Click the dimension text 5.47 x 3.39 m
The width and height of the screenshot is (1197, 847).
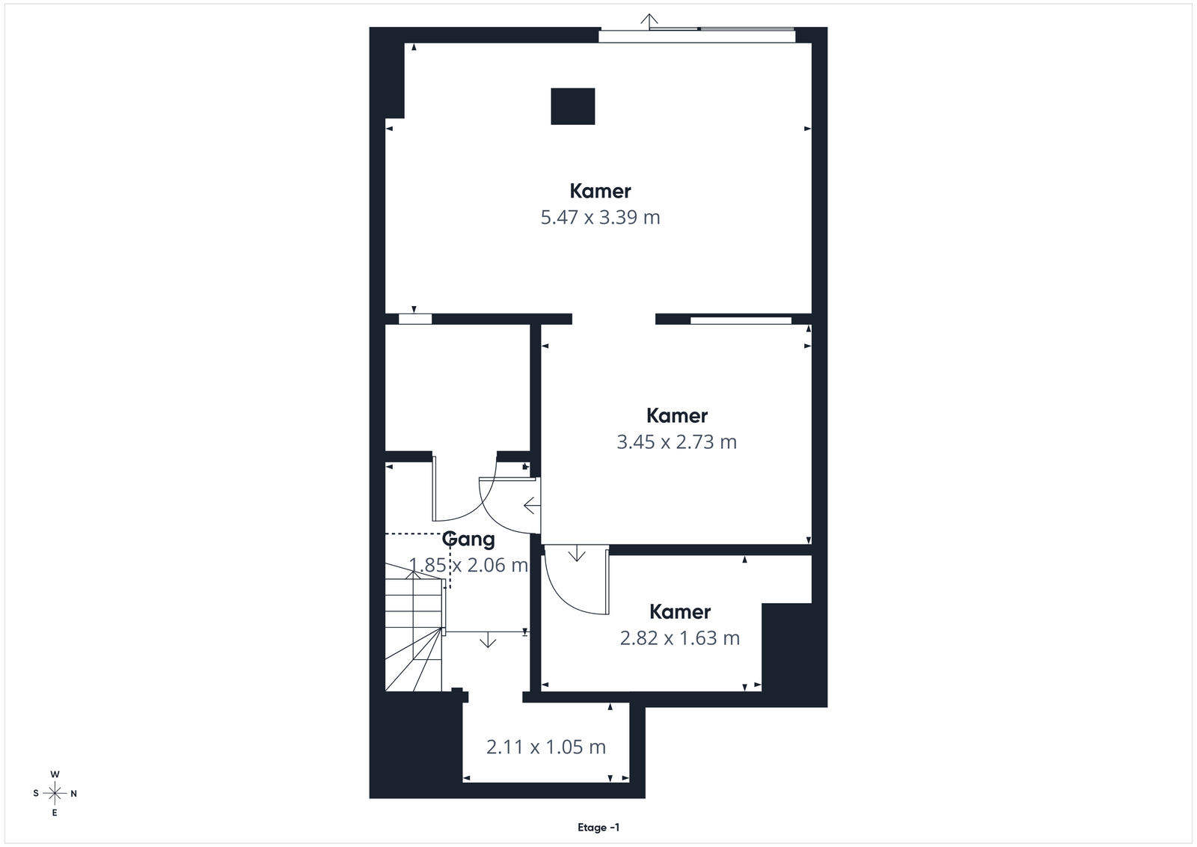pos(600,218)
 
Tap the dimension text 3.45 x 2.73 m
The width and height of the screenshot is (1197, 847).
pos(676,442)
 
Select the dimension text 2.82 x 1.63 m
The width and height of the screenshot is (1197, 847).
pos(680,638)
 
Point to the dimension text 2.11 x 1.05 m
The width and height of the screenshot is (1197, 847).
pos(545,747)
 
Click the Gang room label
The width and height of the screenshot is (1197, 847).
pos(468,539)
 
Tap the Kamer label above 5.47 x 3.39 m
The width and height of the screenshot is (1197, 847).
pos(600,191)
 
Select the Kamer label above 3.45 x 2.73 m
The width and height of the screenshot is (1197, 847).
pos(676,415)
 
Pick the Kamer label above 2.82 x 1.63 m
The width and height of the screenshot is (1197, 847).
pos(680,611)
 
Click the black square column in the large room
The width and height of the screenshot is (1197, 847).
pos(573,106)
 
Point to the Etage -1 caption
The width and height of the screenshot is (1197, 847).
pos(598,828)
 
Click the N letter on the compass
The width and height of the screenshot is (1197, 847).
pos(74,794)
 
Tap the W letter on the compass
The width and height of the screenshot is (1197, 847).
pos(55,774)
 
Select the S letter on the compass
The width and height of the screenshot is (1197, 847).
pos(36,794)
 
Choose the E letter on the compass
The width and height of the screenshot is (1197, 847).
pos(55,813)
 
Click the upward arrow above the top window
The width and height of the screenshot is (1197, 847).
pos(649,22)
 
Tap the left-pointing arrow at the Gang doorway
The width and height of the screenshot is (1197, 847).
pos(532,505)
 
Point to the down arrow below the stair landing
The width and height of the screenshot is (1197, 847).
pos(487,640)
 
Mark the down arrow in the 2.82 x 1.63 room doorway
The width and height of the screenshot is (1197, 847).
pos(576,554)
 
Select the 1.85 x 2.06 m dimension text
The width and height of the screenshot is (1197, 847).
pos(468,566)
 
